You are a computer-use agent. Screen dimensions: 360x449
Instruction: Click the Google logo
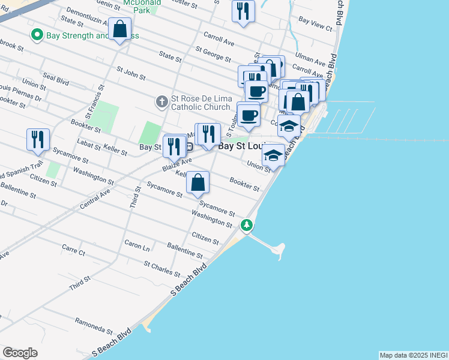(20, 353)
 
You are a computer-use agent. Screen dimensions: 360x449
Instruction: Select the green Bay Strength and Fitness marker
(37, 35)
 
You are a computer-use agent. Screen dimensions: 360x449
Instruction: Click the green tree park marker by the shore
(247, 226)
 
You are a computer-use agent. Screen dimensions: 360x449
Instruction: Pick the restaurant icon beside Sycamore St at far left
(38, 139)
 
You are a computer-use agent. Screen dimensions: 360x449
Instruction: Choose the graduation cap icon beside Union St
(274, 155)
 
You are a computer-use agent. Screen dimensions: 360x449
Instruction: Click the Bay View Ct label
(315, 24)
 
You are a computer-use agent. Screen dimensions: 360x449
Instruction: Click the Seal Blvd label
(55, 80)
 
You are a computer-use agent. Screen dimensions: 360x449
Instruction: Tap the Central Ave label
(95, 198)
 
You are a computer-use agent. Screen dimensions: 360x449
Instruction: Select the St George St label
(213, 54)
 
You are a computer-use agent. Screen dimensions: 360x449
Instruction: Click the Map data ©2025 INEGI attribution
(414, 355)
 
